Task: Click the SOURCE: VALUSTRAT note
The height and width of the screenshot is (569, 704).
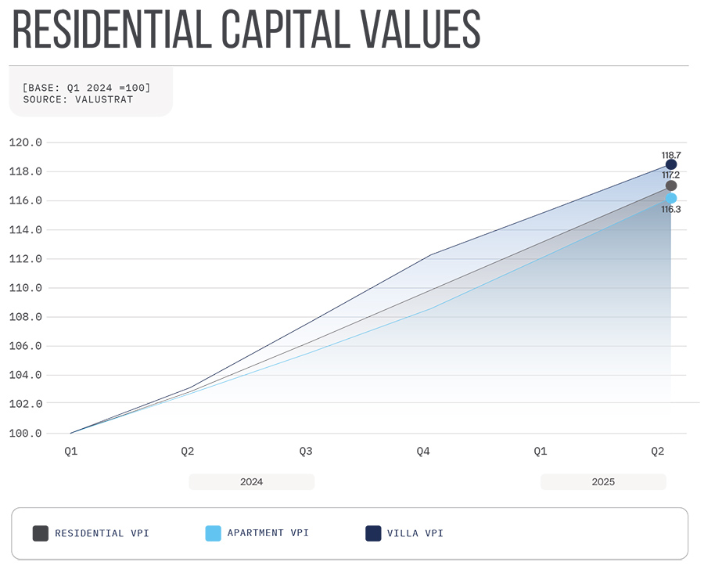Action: pyautogui.click(x=78, y=99)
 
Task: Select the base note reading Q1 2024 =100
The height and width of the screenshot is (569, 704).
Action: pyautogui.click(x=86, y=87)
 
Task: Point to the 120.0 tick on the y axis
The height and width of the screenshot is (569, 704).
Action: pyautogui.click(x=25, y=142)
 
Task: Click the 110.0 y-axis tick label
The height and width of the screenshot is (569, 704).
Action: pyautogui.click(x=25, y=288)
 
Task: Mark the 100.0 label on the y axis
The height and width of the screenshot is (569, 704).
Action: pyautogui.click(x=25, y=433)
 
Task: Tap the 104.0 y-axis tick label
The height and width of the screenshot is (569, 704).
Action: pyautogui.click(x=25, y=375)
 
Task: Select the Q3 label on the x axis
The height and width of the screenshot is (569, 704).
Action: pyautogui.click(x=306, y=452)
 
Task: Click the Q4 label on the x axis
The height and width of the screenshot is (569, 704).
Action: pyautogui.click(x=423, y=452)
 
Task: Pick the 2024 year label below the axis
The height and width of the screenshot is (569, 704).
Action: pyautogui.click(x=251, y=482)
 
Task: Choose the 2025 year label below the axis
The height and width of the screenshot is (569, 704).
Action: pyautogui.click(x=603, y=482)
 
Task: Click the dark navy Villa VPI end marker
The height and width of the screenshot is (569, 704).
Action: pyautogui.click(x=671, y=164)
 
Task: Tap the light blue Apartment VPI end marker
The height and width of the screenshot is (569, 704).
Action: pyautogui.click(x=671, y=198)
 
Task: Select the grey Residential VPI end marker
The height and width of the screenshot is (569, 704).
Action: pyautogui.click(x=671, y=185)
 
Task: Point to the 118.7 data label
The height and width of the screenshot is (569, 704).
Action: pyautogui.click(x=670, y=155)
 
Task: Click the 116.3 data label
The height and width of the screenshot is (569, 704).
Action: pyautogui.click(x=670, y=210)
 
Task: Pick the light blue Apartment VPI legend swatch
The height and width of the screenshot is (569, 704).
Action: pyautogui.click(x=213, y=533)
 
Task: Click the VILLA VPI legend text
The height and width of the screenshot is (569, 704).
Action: pyautogui.click(x=415, y=533)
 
